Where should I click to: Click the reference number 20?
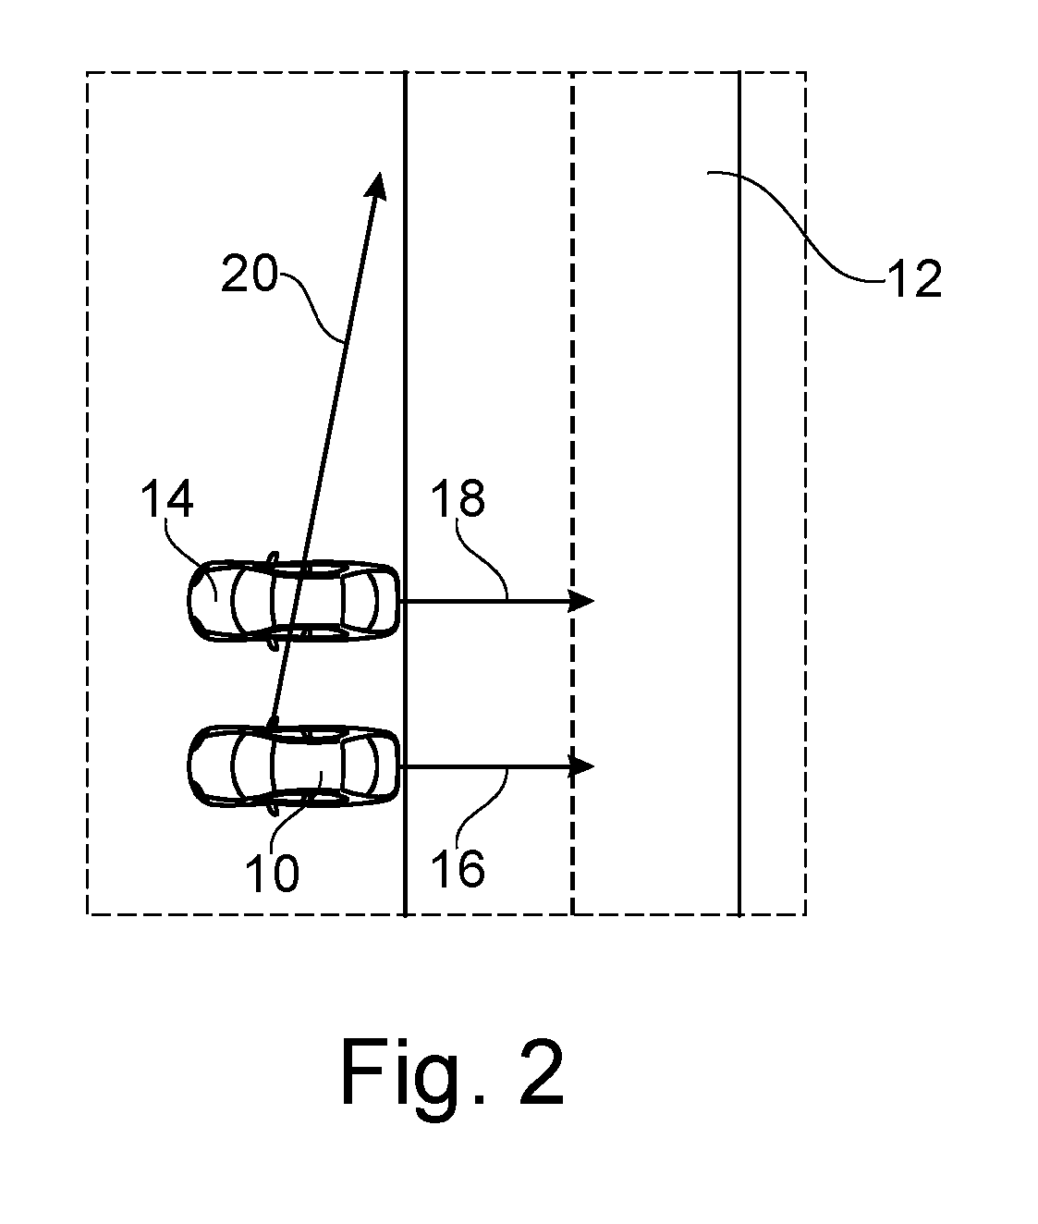(x=250, y=274)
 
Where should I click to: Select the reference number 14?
(x=167, y=499)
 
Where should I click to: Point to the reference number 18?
(x=458, y=498)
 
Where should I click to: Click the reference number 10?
(x=272, y=873)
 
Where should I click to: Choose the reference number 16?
(x=458, y=869)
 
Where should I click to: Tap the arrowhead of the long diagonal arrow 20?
(x=376, y=186)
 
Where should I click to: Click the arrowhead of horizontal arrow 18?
(x=580, y=601)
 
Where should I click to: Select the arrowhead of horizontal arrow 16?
(x=580, y=766)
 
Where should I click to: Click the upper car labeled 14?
(x=294, y=601)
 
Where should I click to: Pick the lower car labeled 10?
(x=294, y=766)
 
